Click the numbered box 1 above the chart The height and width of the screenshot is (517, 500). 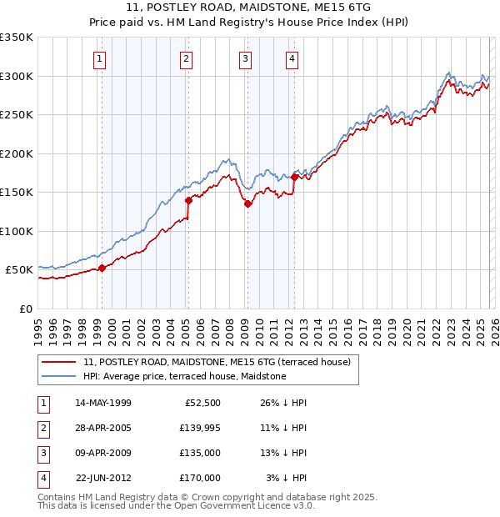pyautogui.click(x=100, y=58)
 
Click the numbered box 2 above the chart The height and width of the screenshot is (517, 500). pyautogui.click(x=186, y=58)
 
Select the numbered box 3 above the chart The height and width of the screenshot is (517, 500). pyautogui.click(x=246, y=58)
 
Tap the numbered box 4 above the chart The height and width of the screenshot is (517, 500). pyautogui.click(x=292, y=58)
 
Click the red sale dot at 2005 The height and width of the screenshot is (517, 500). pyautogui.click(x=188, y=200)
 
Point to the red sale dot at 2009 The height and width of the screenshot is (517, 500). pyautogui.click(x=247, y=203)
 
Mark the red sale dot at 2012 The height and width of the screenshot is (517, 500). pyautogui.click(x=295, y=177)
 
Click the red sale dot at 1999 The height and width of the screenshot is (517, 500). pyautogui.click(x=102, y=268)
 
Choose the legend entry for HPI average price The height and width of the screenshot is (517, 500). pyautogui.click(x=184, y=376)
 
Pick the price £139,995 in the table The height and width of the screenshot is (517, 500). pyautogui.click(x=200, y=427)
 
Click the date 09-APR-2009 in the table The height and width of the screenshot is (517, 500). pyautogui.click(x=103, y=453)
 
